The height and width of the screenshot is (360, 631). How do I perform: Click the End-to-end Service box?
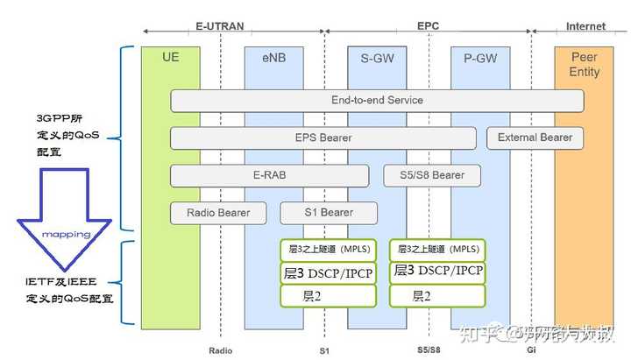377,101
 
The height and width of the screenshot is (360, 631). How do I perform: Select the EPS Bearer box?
324,138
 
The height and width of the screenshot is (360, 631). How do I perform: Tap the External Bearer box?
535,138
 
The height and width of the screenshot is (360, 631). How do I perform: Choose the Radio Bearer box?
218,213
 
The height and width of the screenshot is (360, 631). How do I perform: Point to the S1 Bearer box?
329,213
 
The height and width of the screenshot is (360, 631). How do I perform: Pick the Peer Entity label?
584,63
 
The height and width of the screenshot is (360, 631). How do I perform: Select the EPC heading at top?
429,27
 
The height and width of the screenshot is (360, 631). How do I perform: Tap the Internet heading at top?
585,27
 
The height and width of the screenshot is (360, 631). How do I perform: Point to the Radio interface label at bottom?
221,350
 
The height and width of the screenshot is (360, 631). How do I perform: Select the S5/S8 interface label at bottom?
429,350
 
